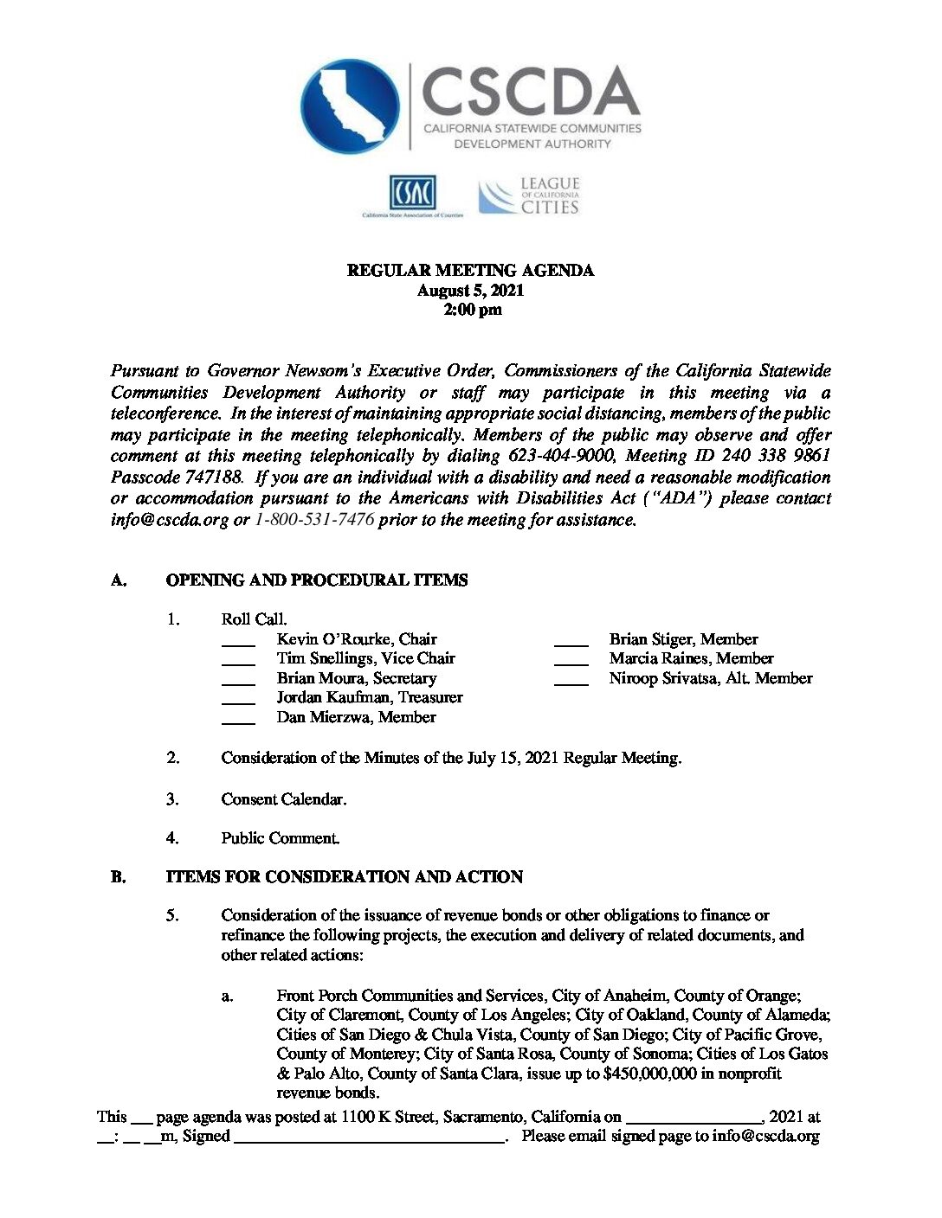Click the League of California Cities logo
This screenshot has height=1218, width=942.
tap(529, 196)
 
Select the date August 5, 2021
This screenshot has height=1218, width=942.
tap(470, 291)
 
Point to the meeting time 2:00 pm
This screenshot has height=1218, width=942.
tap(472, 310)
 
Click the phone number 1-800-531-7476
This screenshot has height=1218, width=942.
tap(314, 520)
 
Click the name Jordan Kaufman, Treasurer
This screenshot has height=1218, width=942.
tap(370, 697)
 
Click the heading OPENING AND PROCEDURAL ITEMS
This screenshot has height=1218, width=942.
tap(317, 580)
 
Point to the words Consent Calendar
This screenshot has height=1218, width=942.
tap(283, 799)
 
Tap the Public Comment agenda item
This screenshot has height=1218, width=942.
tap(280, 837)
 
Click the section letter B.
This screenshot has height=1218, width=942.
tap(118, 877)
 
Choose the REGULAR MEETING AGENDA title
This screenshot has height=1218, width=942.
tap(470, 271)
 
